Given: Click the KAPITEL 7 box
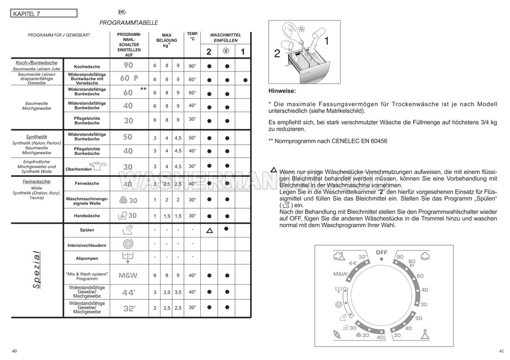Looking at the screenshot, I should point(43,13).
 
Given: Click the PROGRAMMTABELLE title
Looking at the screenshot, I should point(129,23).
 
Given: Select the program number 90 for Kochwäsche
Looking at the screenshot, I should point(128,66).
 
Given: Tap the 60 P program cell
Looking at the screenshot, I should point(129,79).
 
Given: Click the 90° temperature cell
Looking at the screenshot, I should point(192,66).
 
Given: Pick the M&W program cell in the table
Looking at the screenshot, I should point(128,275).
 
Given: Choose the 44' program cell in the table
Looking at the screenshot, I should point(128,292).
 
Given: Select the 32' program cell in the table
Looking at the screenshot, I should point(128,308).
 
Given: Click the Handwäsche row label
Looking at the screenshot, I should point(87,216).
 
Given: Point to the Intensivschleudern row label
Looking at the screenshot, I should point(87,246).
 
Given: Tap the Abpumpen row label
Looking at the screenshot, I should point(87,259).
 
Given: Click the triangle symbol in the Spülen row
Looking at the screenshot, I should point(209,230).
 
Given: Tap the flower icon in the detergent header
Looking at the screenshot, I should point(226,52).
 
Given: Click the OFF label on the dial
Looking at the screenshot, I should point(381,253).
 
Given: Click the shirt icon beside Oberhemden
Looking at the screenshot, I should point(100,165).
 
